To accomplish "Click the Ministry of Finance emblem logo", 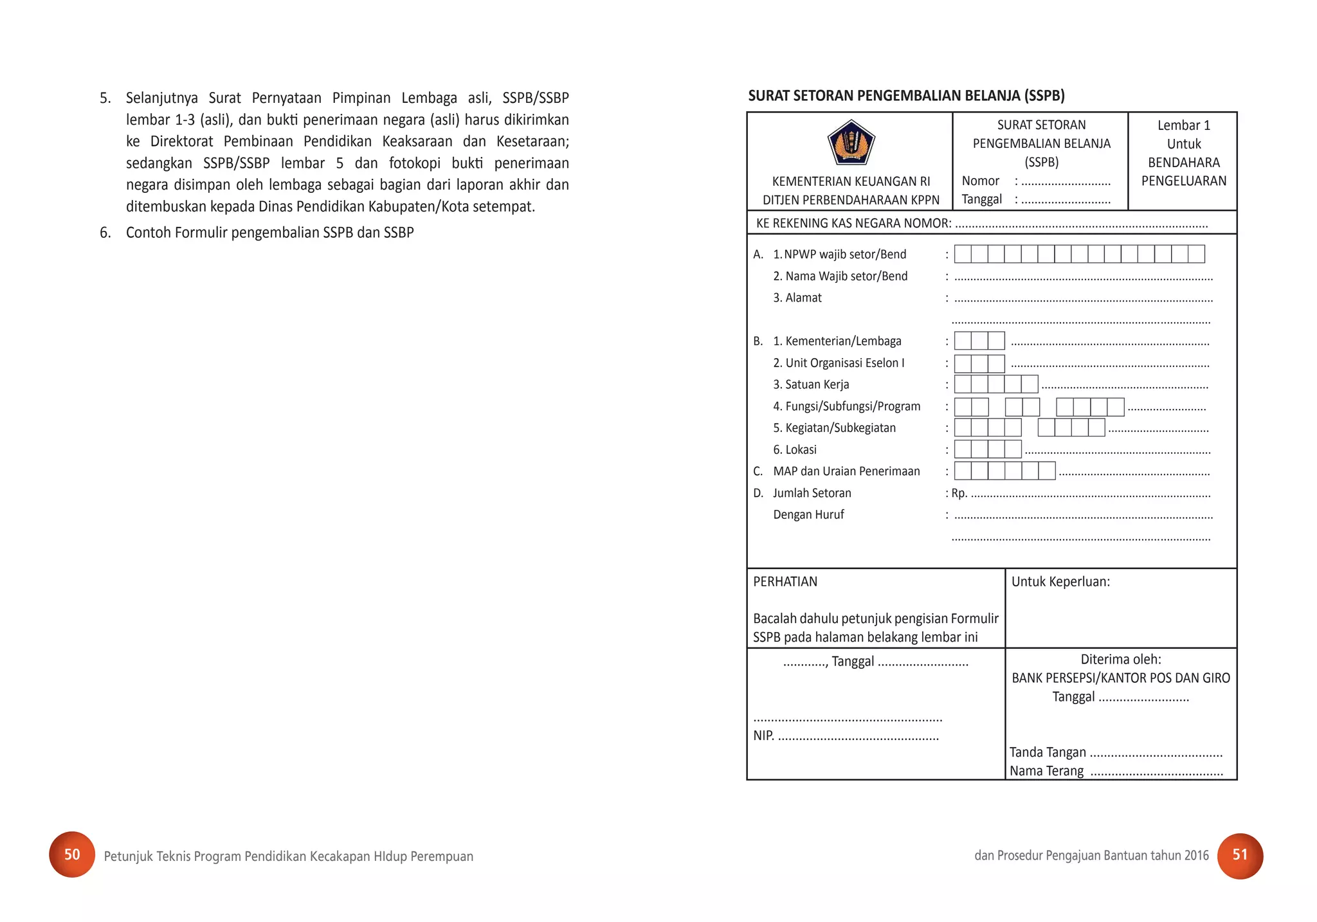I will click(850, 143).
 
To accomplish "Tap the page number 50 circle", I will click(72, 854).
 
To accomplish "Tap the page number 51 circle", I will click(1240, 855).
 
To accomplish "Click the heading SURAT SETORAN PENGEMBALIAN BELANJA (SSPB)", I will click(906, 96).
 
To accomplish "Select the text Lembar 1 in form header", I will click(1183, 125).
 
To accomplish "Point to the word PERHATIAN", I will click(785, 582).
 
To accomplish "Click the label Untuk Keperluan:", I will click(1060, 582).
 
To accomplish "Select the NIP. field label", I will click(763, 736).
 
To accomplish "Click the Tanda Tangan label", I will click(1048, 752).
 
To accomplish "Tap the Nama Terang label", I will click(1046, 771).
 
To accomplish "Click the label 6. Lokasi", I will click(795, 449).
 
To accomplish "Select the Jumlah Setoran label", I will click(812, 493).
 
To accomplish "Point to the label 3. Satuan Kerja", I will click(811, 384).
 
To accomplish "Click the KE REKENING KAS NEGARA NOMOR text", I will click(853, 224).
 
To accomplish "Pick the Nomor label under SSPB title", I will click(980, 181).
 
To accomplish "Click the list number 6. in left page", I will click(105, 233).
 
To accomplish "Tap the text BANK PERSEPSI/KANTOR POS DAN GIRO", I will click(1120, 678).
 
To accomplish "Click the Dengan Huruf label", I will click(808, 515).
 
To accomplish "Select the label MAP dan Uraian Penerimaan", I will click(846, 471).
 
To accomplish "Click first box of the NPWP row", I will click(963, 254).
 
